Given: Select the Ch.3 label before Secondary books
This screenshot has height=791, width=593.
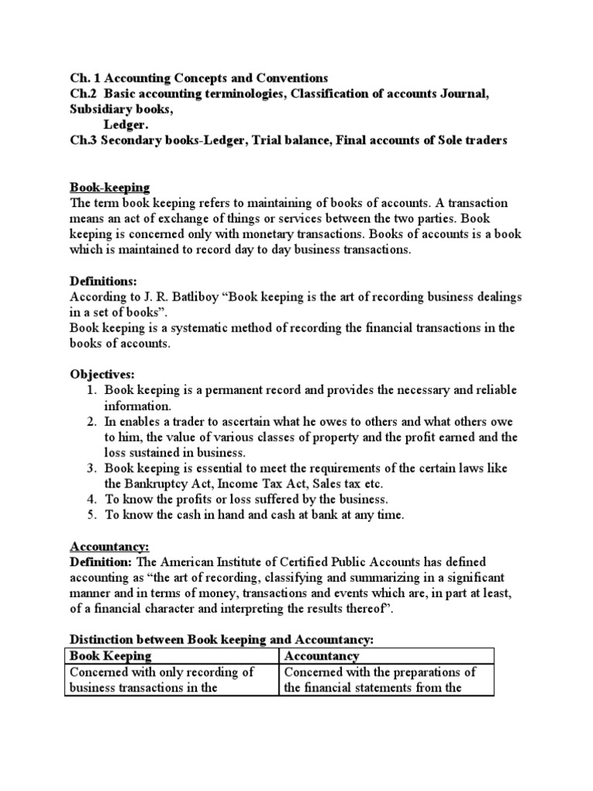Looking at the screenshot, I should (x=83, y=141).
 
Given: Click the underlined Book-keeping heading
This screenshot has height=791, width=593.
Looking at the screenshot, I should (x=110, y=188).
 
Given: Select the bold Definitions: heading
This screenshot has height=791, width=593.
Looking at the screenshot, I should (x=103, y=282).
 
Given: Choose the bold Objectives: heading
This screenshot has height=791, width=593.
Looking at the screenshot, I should (x=101, y=375).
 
